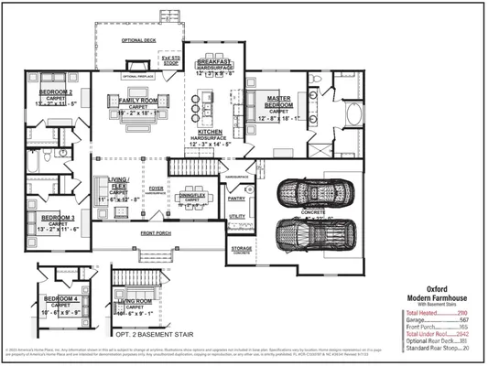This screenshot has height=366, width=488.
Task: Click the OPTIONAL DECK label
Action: [x=140, y=41]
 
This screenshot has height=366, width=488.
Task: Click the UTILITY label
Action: [x=237, y=217]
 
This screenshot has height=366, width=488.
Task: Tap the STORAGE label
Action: [x=241, y=248]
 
